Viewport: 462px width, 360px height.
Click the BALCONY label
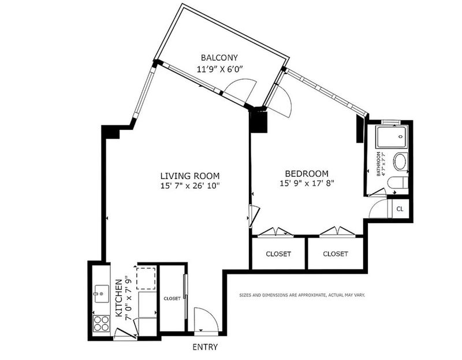[x=219, y=57]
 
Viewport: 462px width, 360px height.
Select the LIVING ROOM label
[x=190, y=176]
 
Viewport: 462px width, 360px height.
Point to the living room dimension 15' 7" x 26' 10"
[x=190, y=186]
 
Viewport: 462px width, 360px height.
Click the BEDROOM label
[x=307, y=173]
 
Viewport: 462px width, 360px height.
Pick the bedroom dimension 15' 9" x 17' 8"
[x=307, y=183]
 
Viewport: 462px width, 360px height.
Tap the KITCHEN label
[x=119, y=298]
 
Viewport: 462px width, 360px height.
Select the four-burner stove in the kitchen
[x=101, y=323]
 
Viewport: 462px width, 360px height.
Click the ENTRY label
[x=205, y=347]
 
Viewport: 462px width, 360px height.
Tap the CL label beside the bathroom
[x=400, y=209]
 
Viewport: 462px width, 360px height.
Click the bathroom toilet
[x=398, y=183]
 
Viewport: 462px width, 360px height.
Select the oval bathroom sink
[x=400, y=161]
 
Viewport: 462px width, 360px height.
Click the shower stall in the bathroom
[x=392, y=137]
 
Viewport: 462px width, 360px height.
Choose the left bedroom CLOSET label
[x=278, y=254]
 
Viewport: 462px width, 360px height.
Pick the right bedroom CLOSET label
[x=336, y=254]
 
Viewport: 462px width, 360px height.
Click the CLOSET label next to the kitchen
[x=172, y=299]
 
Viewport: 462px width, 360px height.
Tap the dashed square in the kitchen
[x=146, y=279]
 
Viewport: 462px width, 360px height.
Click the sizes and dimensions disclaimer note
[x=302, y=295]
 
